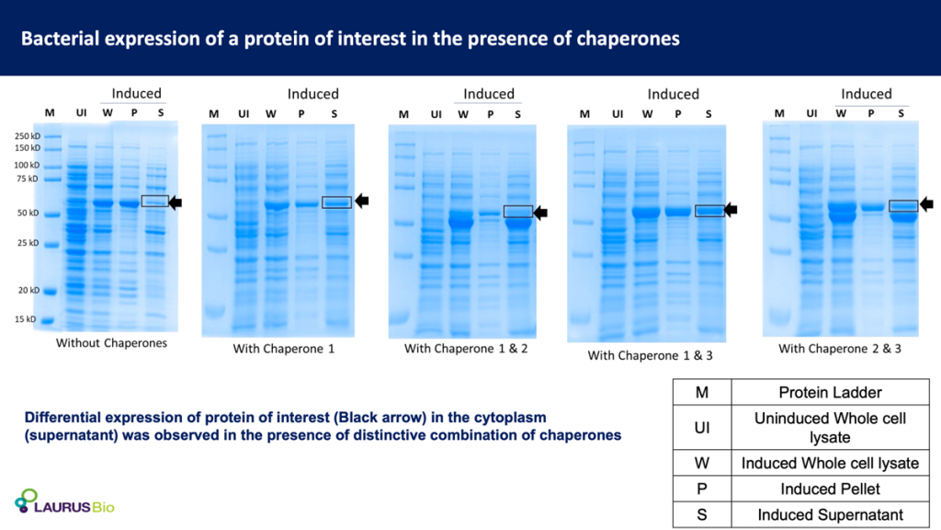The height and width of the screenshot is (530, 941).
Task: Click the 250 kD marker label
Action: click(27, 136)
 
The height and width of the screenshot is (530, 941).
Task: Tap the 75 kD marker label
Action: click(28, 179)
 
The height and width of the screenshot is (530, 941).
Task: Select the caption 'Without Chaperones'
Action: click(111, 343)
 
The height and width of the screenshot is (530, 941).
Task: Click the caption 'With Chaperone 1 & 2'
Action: click(466, 349)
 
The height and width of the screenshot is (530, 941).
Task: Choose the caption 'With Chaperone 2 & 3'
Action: click(840, 349)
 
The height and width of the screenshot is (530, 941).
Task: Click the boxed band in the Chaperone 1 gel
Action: click(336, 202)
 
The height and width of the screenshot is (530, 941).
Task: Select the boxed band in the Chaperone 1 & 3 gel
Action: click(709, 211)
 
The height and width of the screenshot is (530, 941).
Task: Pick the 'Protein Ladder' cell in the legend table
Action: click(830, 393)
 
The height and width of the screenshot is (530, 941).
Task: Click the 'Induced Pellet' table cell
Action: click(830, 490)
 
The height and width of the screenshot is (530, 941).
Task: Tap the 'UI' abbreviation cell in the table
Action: click(701, 428)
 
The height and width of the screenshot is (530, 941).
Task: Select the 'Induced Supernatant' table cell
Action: click(830, 515)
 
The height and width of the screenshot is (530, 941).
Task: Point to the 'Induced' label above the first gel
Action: click(136, 93)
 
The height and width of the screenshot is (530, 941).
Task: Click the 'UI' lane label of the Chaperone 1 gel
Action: click(244, 113)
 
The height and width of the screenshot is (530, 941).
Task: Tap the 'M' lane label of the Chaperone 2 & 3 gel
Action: click(779, 113)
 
